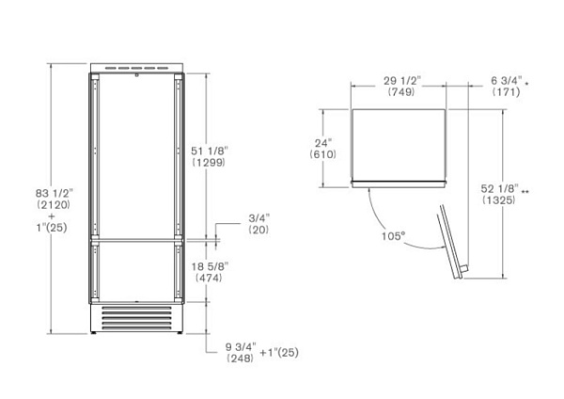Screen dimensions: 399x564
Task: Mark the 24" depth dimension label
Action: [324, 143]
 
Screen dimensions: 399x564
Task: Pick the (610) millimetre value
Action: [324, 155]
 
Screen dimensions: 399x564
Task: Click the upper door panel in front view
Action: [139, 155]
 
